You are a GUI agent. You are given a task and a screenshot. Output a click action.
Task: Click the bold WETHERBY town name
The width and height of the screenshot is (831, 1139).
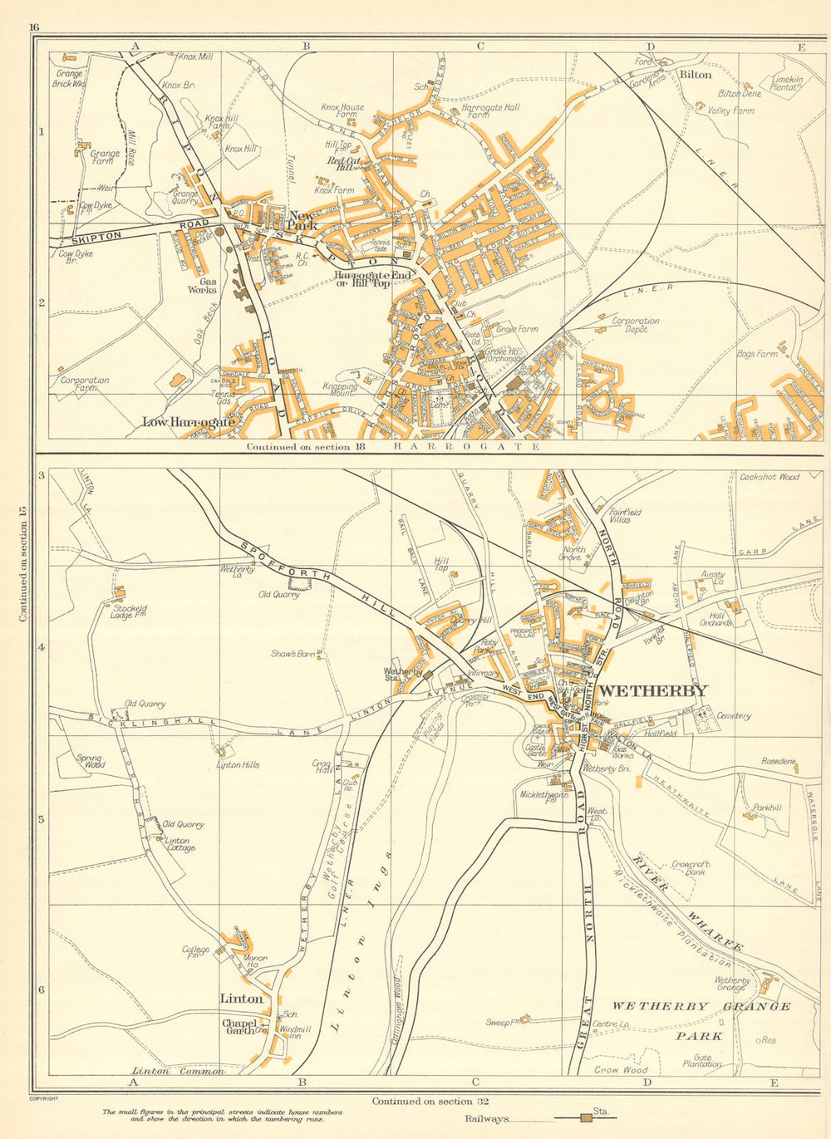(653, 690)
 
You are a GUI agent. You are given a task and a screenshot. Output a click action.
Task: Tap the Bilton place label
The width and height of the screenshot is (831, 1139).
(696, 74)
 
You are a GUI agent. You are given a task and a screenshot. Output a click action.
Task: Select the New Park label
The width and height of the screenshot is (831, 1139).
(302, 220)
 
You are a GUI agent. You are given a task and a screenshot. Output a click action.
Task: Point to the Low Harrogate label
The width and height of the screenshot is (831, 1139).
(189, 422)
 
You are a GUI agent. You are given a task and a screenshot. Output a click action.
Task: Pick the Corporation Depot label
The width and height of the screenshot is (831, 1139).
(636, 325)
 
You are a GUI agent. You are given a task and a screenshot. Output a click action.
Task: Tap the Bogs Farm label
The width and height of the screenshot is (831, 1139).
(757, 354)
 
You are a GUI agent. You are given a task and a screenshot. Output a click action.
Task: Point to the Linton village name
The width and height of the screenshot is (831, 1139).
(241, 999)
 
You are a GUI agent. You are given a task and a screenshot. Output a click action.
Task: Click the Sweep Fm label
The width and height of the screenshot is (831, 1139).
(504, 1023)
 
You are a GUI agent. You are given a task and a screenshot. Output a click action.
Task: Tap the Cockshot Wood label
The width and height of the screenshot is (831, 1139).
(769, 477)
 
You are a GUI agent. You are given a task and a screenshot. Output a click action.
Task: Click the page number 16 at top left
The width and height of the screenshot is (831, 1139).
(34, 27)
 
